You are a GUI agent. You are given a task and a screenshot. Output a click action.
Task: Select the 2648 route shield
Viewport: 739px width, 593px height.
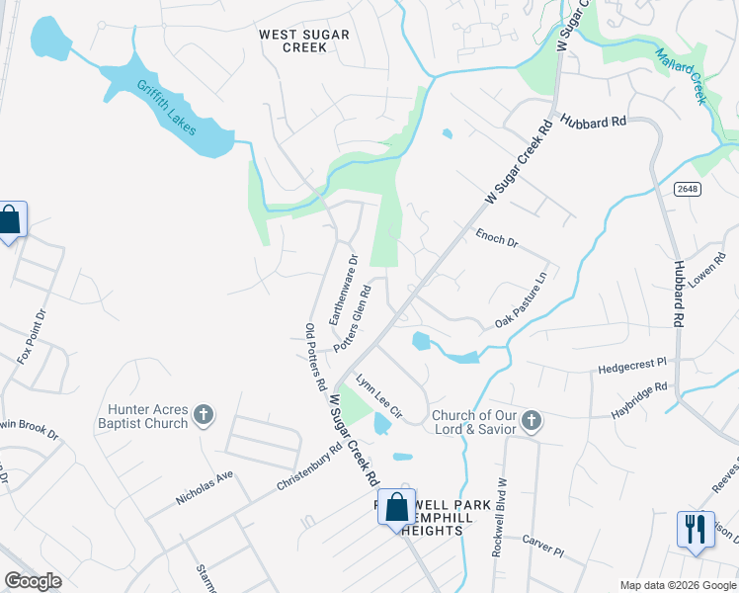coord(689,188)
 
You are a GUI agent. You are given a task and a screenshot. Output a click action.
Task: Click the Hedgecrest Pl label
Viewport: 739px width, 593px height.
coord(633,368)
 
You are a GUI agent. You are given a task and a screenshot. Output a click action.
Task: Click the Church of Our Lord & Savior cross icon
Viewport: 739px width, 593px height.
coord(531,421)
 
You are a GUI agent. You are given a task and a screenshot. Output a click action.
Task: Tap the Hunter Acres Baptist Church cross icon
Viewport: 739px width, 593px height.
coord(204,415)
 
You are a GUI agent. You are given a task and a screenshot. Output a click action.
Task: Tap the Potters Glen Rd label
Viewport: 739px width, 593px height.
coord(353,319)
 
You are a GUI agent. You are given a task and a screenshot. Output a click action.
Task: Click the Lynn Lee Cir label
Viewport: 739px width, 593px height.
coord(379,395)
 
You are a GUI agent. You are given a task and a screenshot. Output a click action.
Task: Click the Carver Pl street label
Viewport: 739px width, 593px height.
coord(542,548)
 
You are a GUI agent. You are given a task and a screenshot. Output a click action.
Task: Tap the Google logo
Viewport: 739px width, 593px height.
coord(33,581)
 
